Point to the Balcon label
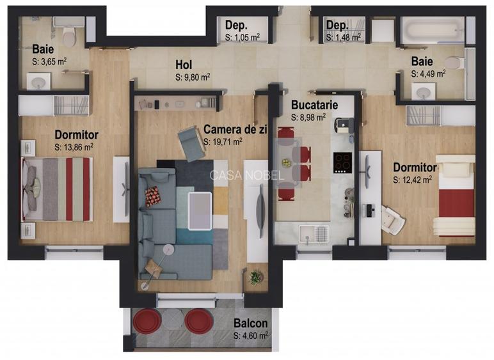[x=250, y=324]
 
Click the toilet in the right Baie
[x=454, y=63]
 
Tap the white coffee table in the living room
[x=201, y=208]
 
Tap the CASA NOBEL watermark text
[x=246, y=175]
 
